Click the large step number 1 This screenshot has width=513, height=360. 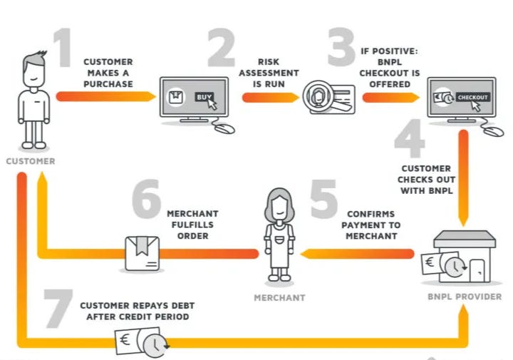[x=64, y=46]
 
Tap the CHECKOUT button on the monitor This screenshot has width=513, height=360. [x=472, y=96]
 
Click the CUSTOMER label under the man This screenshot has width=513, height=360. [x=31, y=161]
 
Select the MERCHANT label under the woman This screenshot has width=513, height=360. [x=279, y=297]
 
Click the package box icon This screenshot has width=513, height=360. [x=141, y=253]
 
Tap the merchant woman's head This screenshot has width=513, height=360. [x=279, y=202]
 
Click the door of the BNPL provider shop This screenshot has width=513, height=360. [x=477, y=269]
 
